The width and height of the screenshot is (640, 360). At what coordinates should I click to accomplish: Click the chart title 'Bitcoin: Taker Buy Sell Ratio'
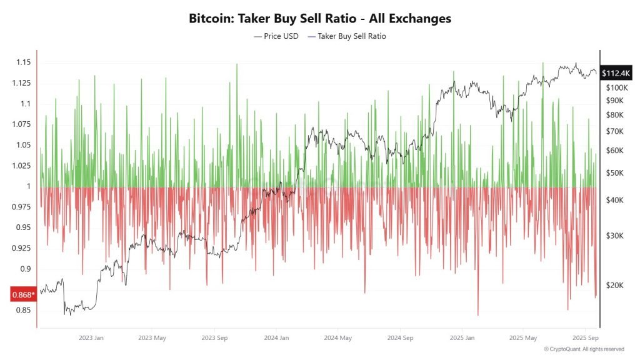click(319, 19)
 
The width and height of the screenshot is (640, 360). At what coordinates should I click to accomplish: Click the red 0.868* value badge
click(24, 294)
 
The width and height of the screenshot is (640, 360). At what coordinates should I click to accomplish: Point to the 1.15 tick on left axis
click(23, 62)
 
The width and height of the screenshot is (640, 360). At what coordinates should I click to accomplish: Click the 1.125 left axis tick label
click(21, 83)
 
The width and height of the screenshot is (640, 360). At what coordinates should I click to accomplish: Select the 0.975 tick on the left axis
click(21, 207)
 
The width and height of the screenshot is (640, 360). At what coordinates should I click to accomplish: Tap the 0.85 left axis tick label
click(23, 310)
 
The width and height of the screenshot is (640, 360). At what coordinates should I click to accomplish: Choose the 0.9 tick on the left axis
click(25, 269)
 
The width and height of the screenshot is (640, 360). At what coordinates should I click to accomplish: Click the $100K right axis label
click(616, 87)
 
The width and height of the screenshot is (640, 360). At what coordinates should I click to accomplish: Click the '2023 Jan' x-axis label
click(91, 337)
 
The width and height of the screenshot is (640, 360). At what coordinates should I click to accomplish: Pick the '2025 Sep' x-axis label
click(584, 337)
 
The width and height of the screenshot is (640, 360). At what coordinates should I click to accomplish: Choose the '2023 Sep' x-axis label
click(214, 337)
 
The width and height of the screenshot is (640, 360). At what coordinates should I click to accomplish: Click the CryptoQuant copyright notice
click(584, 349)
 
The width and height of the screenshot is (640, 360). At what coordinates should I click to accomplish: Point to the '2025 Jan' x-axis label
click(461, 337)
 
